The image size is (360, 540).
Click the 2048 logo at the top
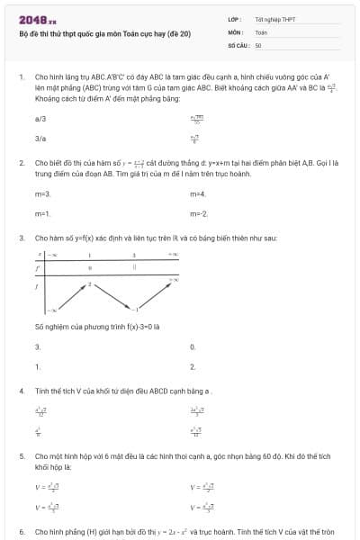(36, 19)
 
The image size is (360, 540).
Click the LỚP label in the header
(233, 19)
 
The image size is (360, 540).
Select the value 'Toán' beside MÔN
(262, 31)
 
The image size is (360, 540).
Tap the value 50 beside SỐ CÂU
(258, 44)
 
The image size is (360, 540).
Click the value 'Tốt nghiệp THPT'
(275, 19)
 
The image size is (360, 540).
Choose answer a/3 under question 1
(40, 118)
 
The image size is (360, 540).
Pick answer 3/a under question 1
(40, 139)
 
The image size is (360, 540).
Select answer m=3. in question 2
(42, 193)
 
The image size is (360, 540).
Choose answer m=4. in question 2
(198, 193)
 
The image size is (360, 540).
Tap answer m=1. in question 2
(42, 213)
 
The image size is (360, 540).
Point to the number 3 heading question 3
(21, 238)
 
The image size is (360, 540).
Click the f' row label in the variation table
(37, 267)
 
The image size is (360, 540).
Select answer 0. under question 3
(193, 346)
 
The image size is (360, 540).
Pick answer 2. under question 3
(193, 366)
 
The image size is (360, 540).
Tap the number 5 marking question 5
(21, 456)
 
